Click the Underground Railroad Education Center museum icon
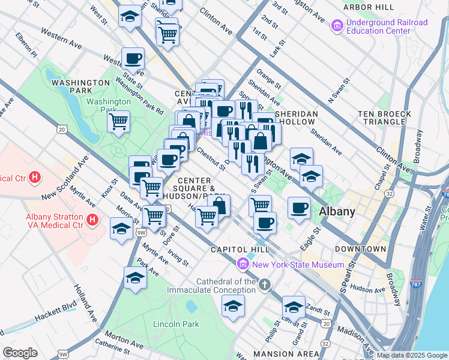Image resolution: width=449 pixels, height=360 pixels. [x=336, y=26]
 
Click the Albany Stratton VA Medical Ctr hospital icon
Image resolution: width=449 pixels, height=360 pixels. [x=92, y=220]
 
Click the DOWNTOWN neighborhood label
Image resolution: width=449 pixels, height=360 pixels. [x=360, y=248]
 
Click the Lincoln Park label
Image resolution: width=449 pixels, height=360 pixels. [x=176, y=324]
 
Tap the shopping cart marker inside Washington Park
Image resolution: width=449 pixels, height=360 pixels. [x=119, y=122]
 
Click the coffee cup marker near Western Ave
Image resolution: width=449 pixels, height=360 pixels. [x=133, y=59]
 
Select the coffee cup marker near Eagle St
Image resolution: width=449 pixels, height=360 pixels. [x=299, y=208]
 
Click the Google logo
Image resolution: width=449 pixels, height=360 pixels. [x=20, y=353]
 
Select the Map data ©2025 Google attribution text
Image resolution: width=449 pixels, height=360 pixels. [x=411, y=355]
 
